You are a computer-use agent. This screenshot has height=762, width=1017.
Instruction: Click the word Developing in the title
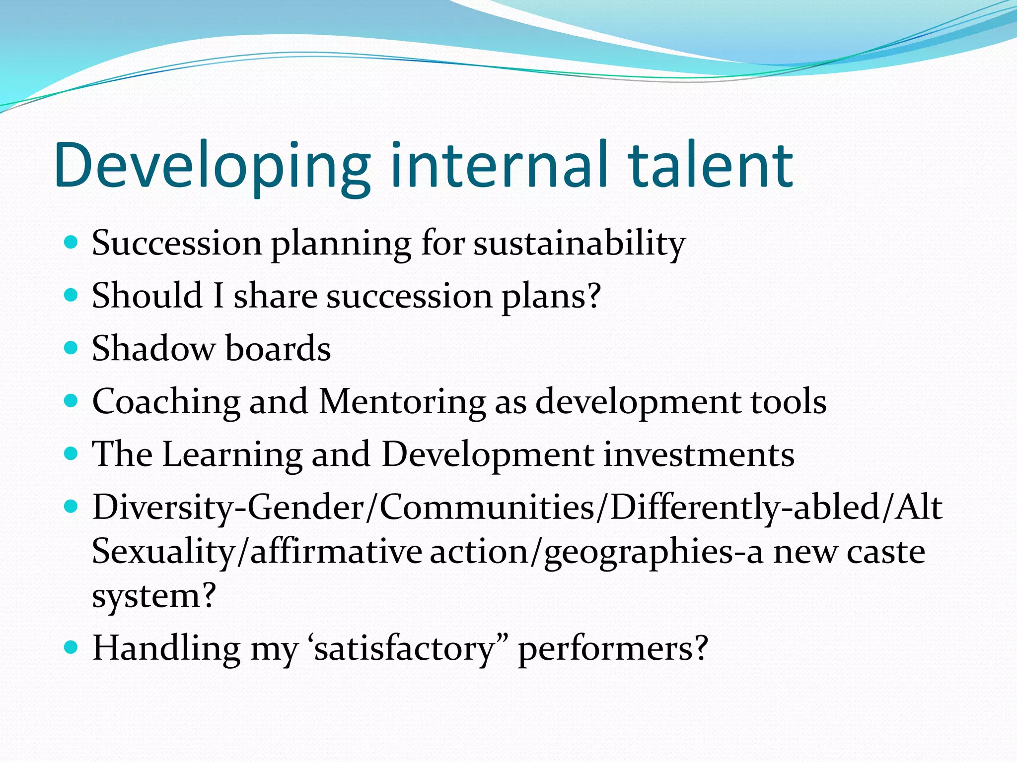(x=213, y=166)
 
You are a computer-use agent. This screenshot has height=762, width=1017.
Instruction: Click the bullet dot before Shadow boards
(x=72, y=348)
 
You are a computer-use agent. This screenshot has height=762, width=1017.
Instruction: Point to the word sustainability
(x=579, y=244)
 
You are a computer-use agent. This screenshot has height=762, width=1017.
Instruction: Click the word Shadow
(x=153, y=348)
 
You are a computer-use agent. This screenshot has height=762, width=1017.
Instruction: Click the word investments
(x=699, y=454)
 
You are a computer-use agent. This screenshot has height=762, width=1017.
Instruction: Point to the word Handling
(x=166, y=649)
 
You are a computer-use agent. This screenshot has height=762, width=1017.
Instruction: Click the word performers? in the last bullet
(x=613, y=649)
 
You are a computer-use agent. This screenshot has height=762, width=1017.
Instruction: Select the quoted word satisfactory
(x=405, y=649)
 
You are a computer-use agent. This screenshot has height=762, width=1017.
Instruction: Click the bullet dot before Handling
(x=72, y=647)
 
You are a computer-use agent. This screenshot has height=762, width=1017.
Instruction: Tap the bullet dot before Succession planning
(x=72, y=243)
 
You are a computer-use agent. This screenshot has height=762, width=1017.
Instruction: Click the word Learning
(x=232, y=454)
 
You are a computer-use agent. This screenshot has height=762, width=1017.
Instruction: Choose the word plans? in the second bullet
(x=551, y=297)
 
